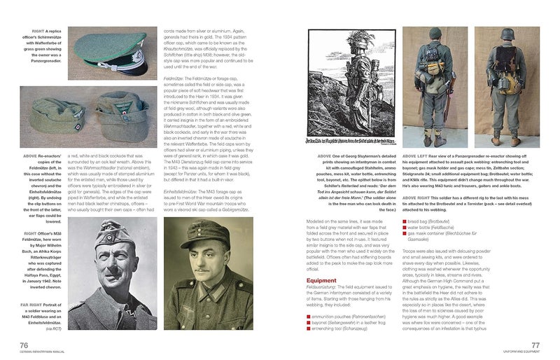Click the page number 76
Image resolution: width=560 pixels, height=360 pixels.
pyautogui.click(x=23, y=344)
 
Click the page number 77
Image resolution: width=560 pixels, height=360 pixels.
pyautogui.click(x=535, y=344)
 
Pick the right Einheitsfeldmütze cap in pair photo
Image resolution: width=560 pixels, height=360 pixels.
pyautogui.click(x=136, y=114)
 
